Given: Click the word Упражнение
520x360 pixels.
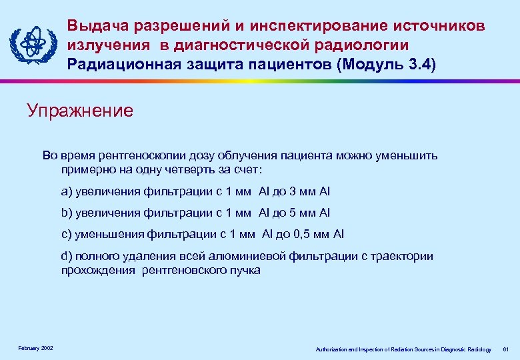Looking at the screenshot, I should tap(80, 110).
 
